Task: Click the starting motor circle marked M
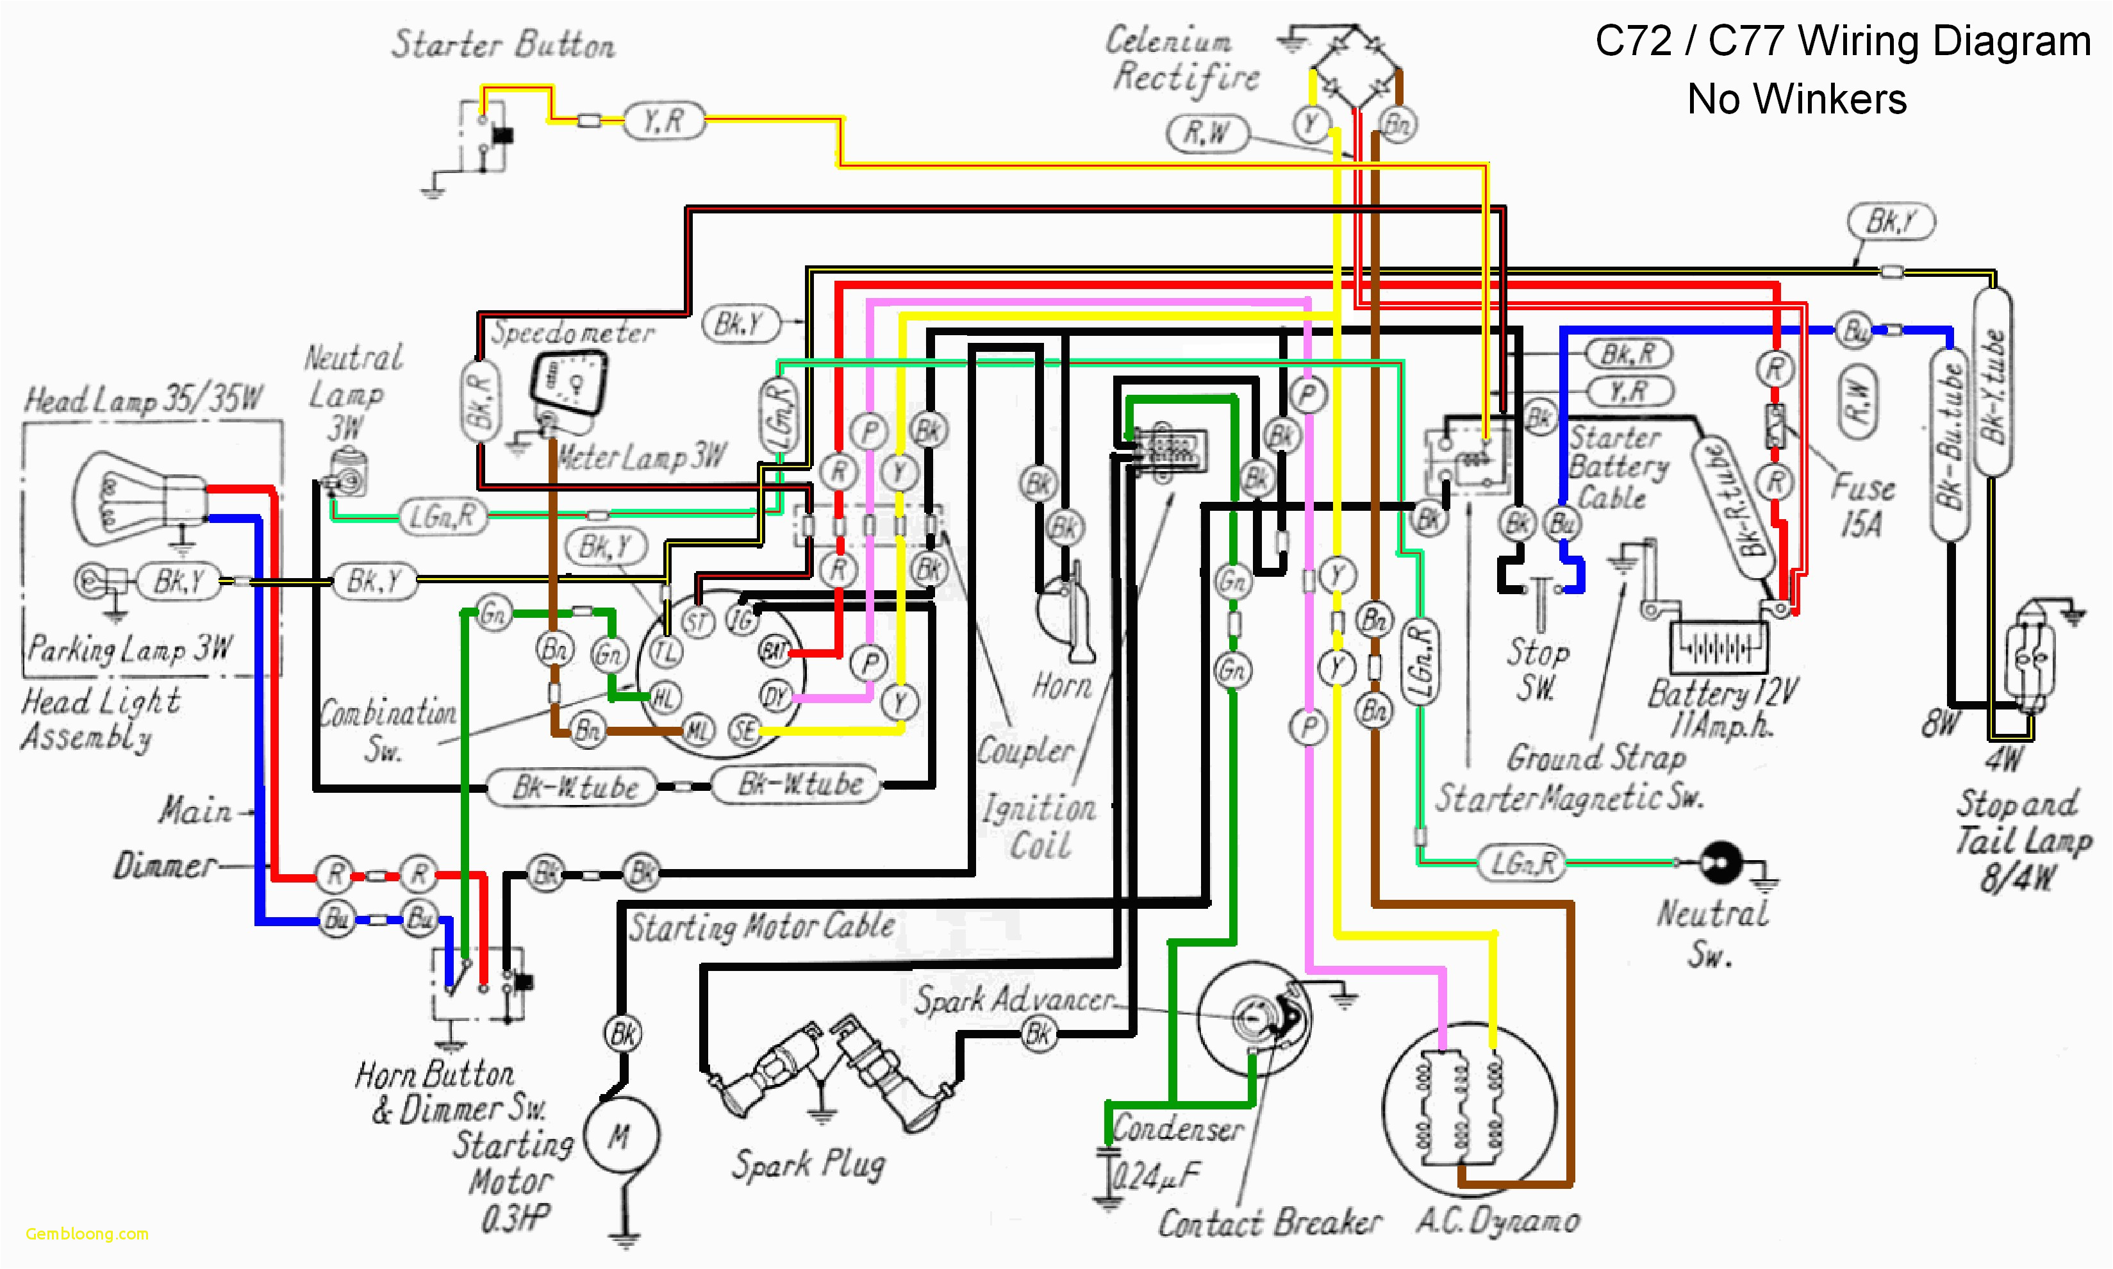[x=621, y=1135]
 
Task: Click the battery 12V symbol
[x=1719, y=648]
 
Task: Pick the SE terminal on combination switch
[x=744, y=730]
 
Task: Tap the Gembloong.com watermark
[x=87, y=1233]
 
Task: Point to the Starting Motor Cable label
[x=761, y=926]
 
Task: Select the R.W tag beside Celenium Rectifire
[x=1207, y=133]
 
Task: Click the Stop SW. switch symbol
[x=1540, y=599]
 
